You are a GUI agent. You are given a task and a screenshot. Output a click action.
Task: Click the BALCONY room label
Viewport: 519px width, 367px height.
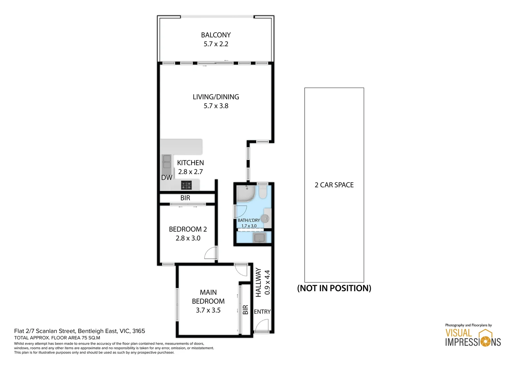coord(216,35)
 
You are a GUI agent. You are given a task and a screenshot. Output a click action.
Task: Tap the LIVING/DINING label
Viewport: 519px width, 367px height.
coord(216,97)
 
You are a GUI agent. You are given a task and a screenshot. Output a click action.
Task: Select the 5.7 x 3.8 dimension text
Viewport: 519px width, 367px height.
coord(216,106)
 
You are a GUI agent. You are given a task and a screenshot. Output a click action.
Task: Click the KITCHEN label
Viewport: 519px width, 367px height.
coord(190,163)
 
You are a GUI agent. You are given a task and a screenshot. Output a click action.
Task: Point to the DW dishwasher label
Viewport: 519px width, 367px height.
coord(166,178)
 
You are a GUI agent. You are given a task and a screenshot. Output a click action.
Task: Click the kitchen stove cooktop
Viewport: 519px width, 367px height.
coord(186,185)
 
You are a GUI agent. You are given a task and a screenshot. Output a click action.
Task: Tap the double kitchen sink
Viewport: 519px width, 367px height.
coord(167,162)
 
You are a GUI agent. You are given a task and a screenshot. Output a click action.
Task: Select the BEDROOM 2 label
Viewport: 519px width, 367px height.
coord(188,229)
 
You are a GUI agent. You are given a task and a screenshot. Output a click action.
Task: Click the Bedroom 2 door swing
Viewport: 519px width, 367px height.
coord(210,253)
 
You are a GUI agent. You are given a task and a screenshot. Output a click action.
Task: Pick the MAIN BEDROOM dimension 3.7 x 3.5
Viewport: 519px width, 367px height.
coord(208,310)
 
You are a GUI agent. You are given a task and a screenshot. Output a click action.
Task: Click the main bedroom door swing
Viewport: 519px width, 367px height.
coord(241,270)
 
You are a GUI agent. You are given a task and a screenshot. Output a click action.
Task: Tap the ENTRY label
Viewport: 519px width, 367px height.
coord(262,312)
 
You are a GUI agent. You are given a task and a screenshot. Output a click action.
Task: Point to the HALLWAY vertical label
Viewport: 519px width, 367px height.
coord(258,282)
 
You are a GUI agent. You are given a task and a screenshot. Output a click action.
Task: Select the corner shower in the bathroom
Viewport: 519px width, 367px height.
coord(244,193)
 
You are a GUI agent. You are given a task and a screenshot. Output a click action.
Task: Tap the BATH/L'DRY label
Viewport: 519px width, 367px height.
coord(249,220)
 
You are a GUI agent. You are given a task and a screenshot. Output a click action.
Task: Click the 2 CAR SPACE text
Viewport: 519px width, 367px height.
coord(334,185)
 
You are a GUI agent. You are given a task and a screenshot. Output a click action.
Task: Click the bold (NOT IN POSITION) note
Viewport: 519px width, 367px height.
coord(334,288)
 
